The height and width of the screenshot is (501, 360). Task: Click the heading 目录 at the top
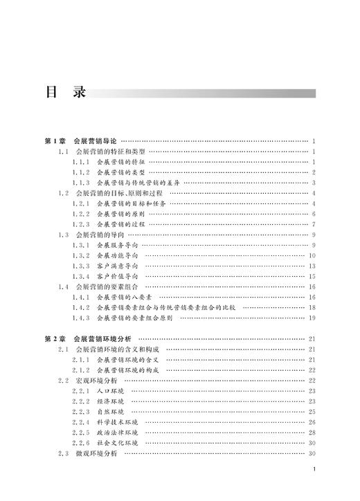64,92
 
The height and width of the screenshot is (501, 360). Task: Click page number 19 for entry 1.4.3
312,318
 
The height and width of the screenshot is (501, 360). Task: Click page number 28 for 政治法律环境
312,432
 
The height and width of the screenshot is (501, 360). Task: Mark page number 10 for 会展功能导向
312,255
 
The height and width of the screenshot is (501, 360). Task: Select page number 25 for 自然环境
312,412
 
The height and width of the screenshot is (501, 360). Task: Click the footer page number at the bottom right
314,488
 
